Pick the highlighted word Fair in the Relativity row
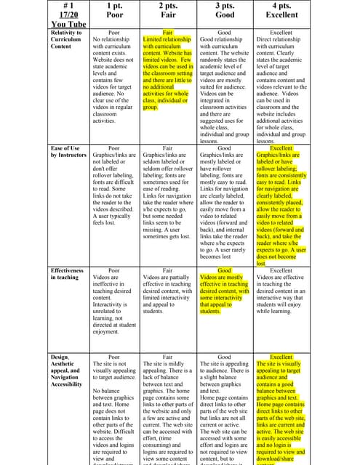[168, 33]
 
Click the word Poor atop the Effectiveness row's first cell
[113, 270]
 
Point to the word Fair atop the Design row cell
[168, 357]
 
